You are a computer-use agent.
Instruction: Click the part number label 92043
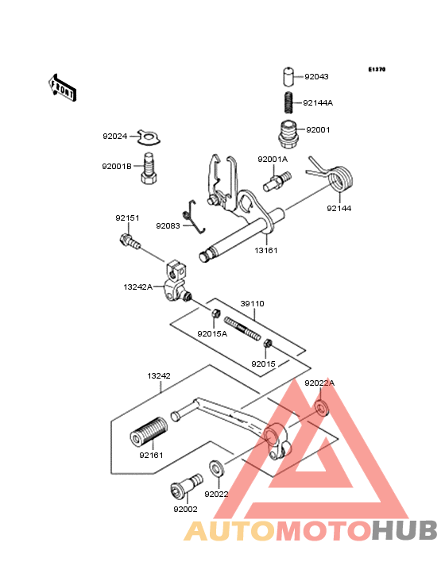click(x=316, y=77)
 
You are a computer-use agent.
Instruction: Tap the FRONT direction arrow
click(x=62, y=87)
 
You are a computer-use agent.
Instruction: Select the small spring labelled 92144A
click(x=288, y=102)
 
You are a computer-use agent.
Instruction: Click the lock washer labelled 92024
click(x=149, y=137)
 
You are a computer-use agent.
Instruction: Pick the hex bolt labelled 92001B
click(x=149, y=168)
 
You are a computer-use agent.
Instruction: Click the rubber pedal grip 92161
click(x=149, y=432)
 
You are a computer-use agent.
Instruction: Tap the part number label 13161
click(x=266, y=251)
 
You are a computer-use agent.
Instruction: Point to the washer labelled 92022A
click(x=322, y=407)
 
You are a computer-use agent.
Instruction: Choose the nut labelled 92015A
click(x=216, y=314)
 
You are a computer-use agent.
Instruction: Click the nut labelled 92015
click(x=268, y=344)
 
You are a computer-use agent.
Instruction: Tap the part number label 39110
click(x=252, y=304)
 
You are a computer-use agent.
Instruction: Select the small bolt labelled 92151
click(x=130, y=240)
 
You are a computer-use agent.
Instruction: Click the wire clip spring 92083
click(x=194, y=217)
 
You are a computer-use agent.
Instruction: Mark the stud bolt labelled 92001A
click(x=277, y=181)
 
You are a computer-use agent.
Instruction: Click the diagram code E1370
click(x=377, y=69)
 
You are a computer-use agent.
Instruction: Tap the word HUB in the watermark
click(x=404, y=530)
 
